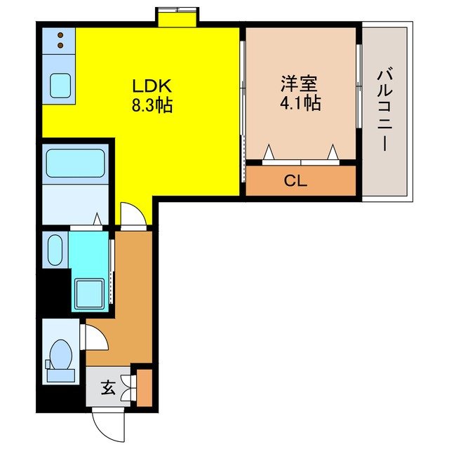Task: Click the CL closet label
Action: (x=295, y=180)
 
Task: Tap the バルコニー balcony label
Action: (x=384, y=109)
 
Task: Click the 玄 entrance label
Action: (x=108, y=387)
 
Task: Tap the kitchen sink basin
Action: (x=60, y=85)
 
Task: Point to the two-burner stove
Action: (x=60, y=40)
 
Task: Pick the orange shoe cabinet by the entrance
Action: (x=145, y=387)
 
